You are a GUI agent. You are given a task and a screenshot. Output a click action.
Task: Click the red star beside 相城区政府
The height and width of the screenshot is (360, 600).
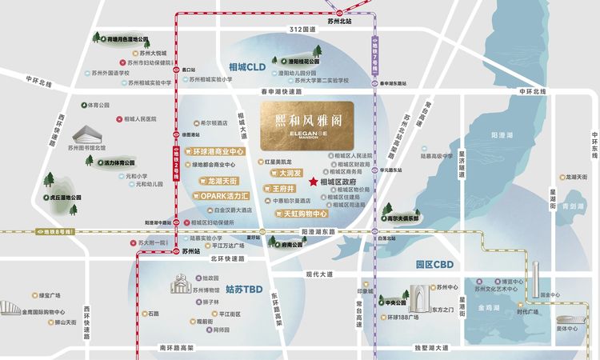click(x=313, y=182)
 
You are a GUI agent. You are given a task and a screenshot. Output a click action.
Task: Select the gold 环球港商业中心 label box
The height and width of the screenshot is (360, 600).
click(x=215, y=151)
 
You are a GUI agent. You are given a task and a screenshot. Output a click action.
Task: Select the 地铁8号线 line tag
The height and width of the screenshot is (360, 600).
click(x=53, y=231)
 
